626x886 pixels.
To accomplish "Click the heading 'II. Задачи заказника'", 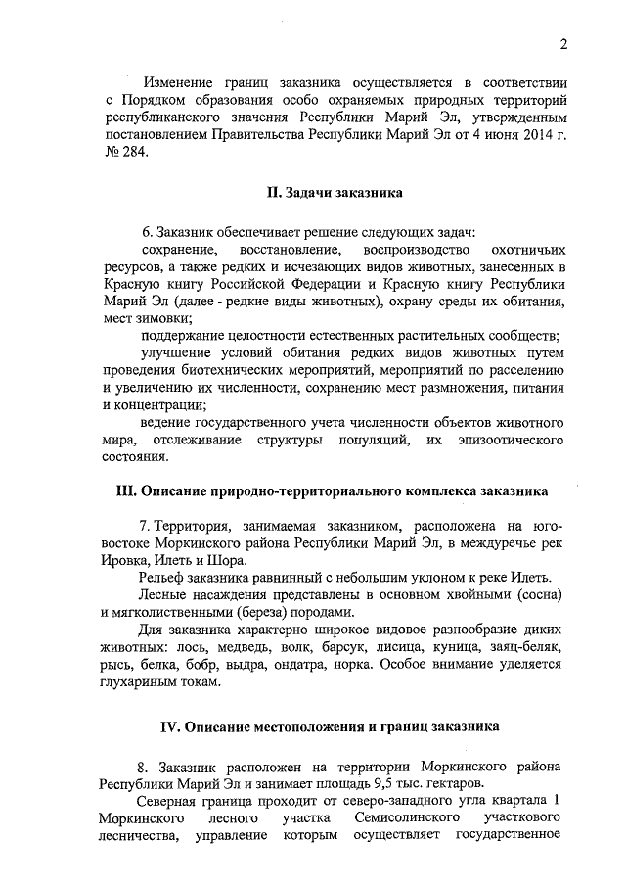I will [334, 193].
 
